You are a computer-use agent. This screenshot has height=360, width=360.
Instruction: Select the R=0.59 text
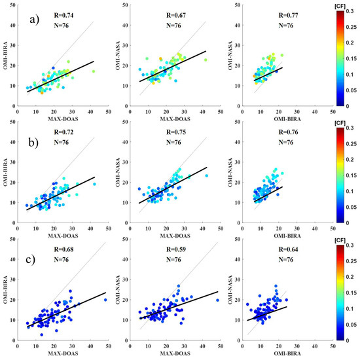click(172, 251)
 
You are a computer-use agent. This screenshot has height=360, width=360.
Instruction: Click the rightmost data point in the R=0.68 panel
click(105, 300)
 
